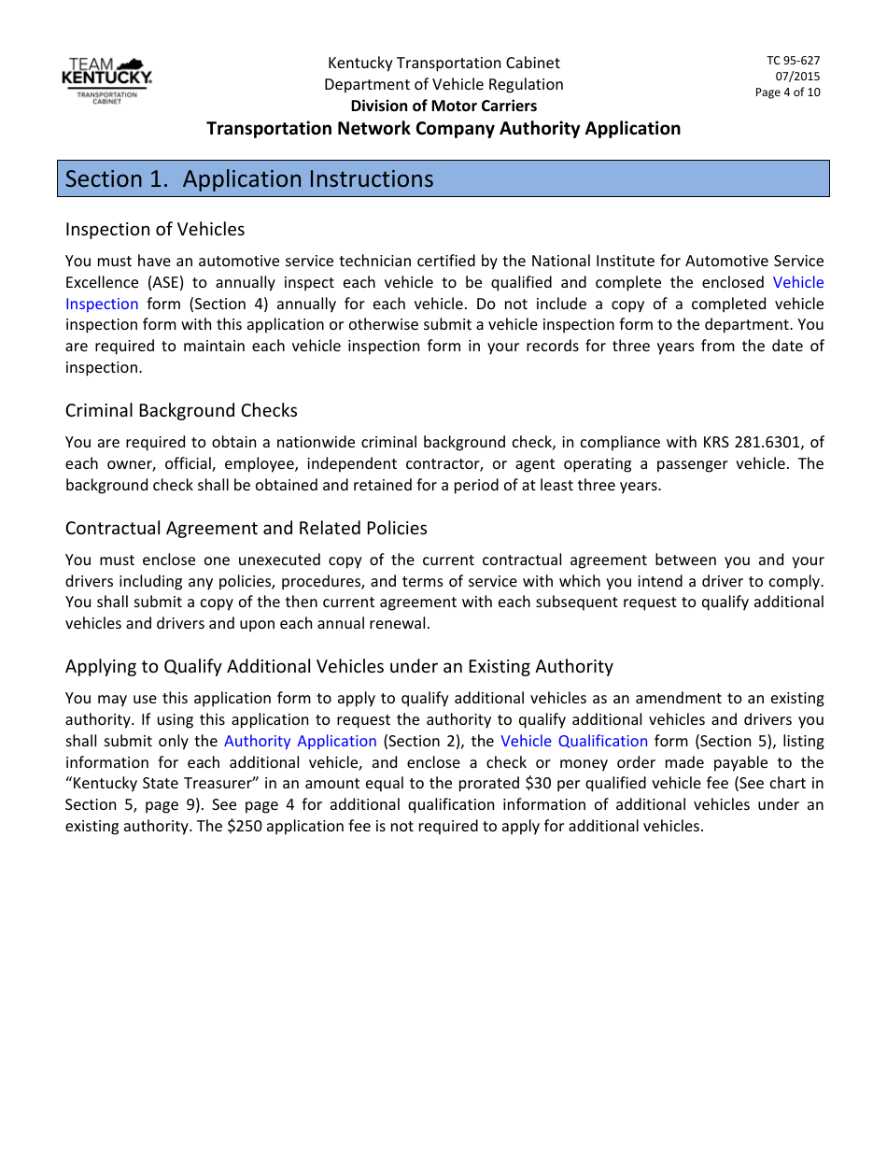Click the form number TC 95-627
click(793, 61)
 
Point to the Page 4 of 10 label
click(787, 92)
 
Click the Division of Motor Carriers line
click(443, 106)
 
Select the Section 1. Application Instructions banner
click(443, 178)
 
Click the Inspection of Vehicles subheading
click(155, 229)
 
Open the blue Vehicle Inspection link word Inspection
click(102, 304)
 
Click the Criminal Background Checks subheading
click(181, 410)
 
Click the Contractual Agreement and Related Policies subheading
click(246, 528)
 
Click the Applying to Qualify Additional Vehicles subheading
click(339, 666)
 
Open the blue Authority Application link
click(300, 741)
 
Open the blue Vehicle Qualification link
click(574, 741)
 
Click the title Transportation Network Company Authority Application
click(443, 128)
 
